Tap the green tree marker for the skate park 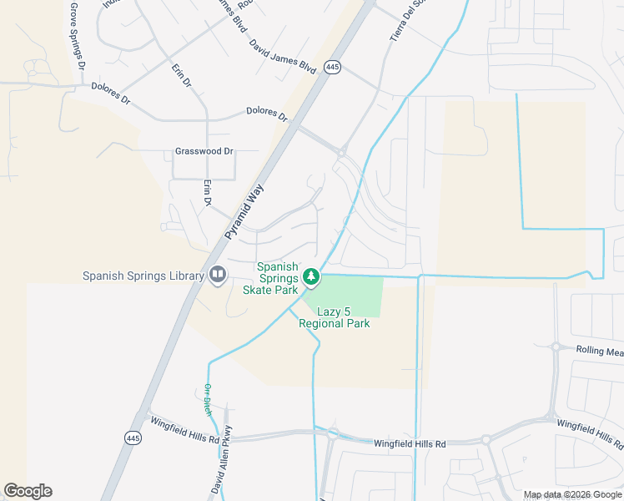pos(311,275)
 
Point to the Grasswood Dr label pos(204,152)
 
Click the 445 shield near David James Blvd pos(333,67)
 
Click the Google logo pos(28,491)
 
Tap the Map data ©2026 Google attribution pos(571,494)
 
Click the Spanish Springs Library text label pos(143,276)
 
